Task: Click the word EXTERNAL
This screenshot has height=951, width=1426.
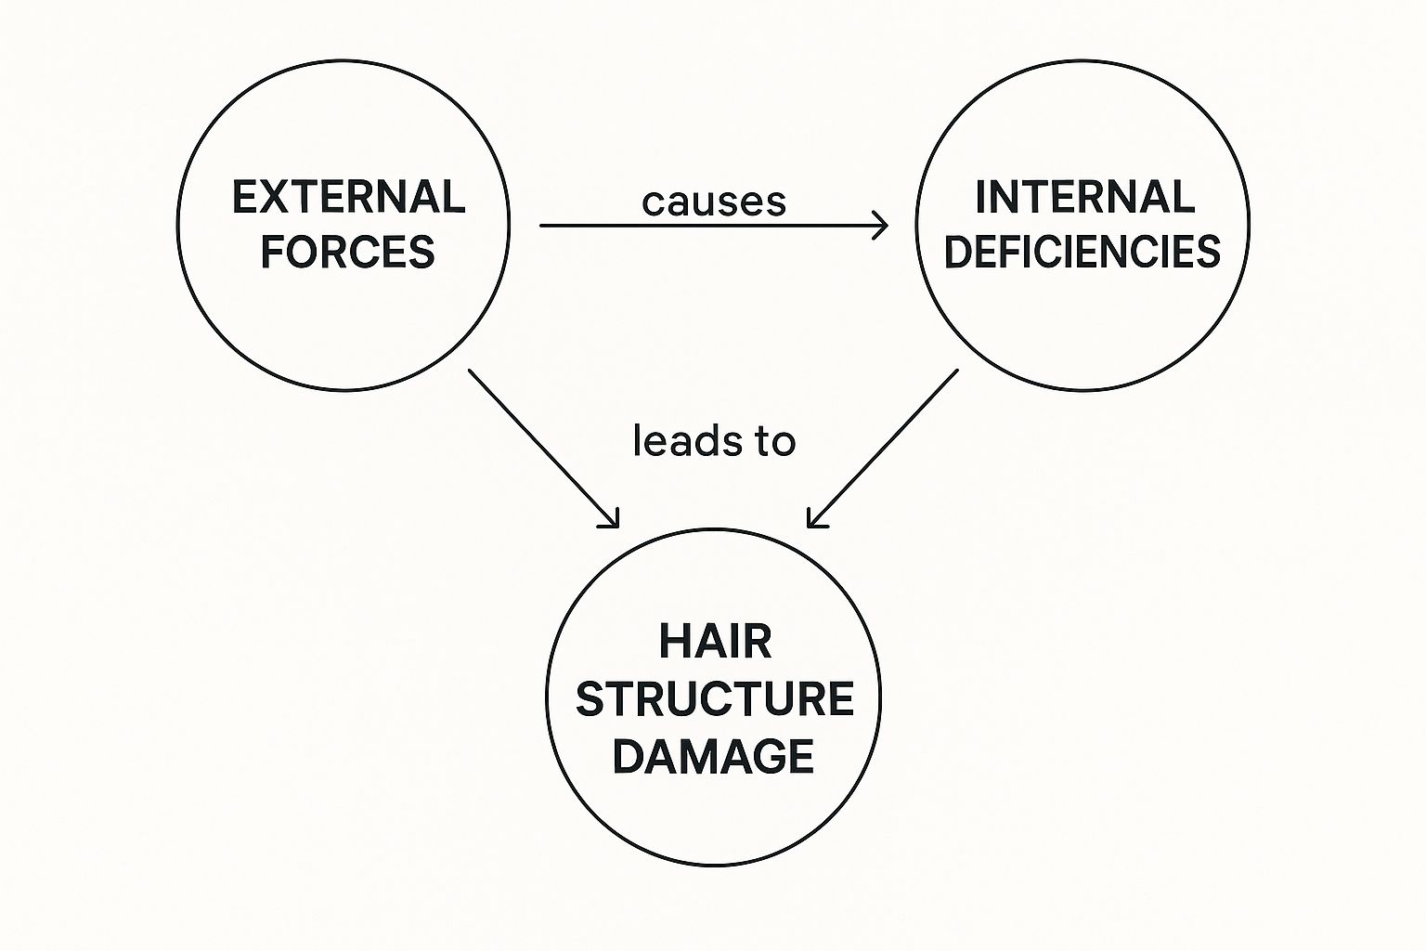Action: pyautogui.click(x=348, y=198)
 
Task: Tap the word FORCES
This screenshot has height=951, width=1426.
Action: pyautogui.click(x=347, y=253)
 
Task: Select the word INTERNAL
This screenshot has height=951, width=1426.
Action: pyautogui.click(x=1084, y=197)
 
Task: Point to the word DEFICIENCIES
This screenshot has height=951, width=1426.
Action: pyautogui.click(x=1082, y=252)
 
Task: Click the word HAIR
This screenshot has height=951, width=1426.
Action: pyautogui.click(x=715, y=642)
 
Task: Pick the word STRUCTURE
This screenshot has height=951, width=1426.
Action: pyautogui.click(x=714, y=699)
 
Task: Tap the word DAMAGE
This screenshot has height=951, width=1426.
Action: pyautogui.click(x=713, y=756)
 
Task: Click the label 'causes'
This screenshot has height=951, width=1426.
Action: pyautogui.click(x=714, y=202)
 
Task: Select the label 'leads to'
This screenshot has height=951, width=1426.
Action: pyautogui.click(x=714, y=441)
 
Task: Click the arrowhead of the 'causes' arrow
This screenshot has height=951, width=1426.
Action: pyautogui.click(x=883, y=225)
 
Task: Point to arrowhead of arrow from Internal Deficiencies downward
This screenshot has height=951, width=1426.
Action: pyautogui.click(x=813, y=522)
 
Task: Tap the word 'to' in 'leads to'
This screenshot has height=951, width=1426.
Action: pyautogui.click(x=775, y=441)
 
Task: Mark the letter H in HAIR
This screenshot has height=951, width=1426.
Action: pyautogui.click(x=672, y=642)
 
